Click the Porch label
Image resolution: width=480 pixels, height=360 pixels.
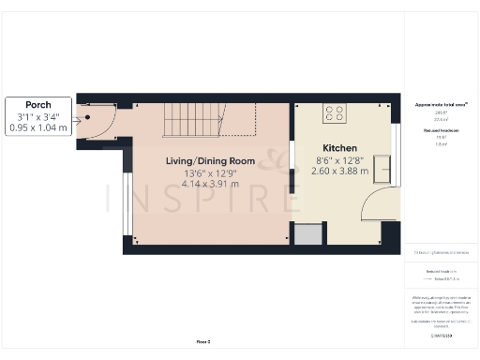click(38, 104)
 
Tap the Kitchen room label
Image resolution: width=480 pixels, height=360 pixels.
click(340, 149)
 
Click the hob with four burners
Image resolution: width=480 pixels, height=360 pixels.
click(335, 113)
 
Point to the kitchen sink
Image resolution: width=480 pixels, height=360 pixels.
click(383, 170)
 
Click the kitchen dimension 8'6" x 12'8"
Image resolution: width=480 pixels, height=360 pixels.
click(340, 160)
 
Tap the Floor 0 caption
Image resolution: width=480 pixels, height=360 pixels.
click(202, 343)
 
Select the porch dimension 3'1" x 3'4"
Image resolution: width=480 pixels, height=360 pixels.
click(38, 115)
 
